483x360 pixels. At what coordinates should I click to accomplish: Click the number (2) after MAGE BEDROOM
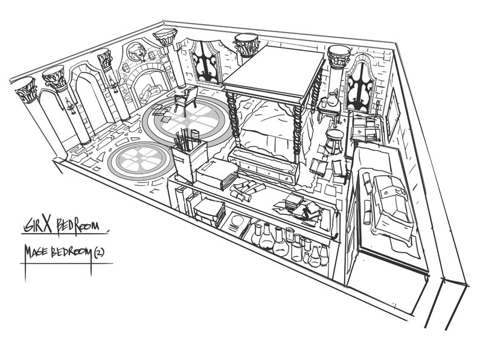[x=100, y=252]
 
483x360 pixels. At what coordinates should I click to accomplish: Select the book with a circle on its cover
[x=237, y=224]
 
